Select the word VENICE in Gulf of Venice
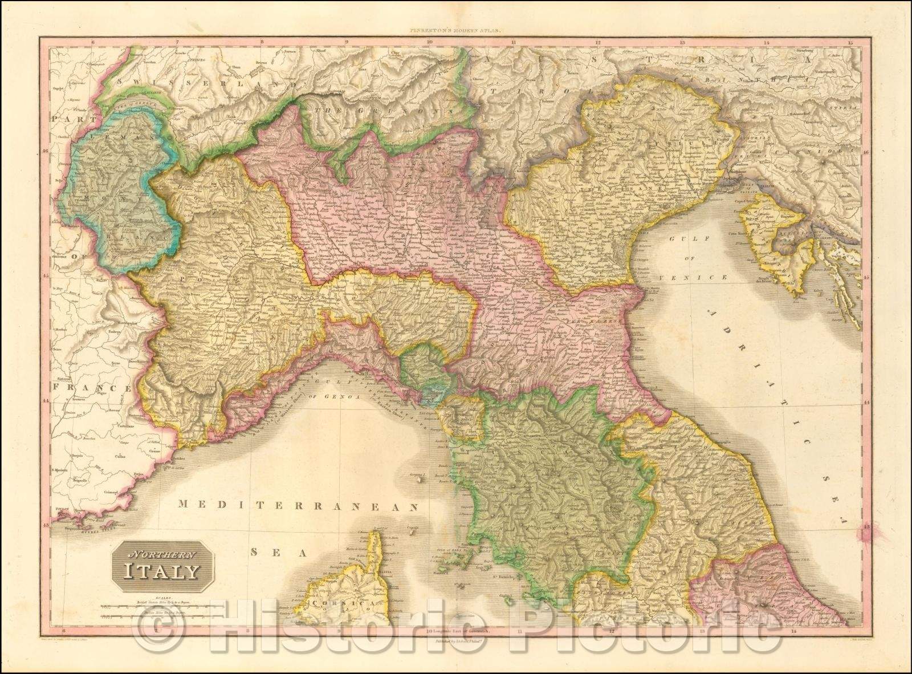click(x=703, y=277)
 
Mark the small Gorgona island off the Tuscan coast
click(x=420, y=478)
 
